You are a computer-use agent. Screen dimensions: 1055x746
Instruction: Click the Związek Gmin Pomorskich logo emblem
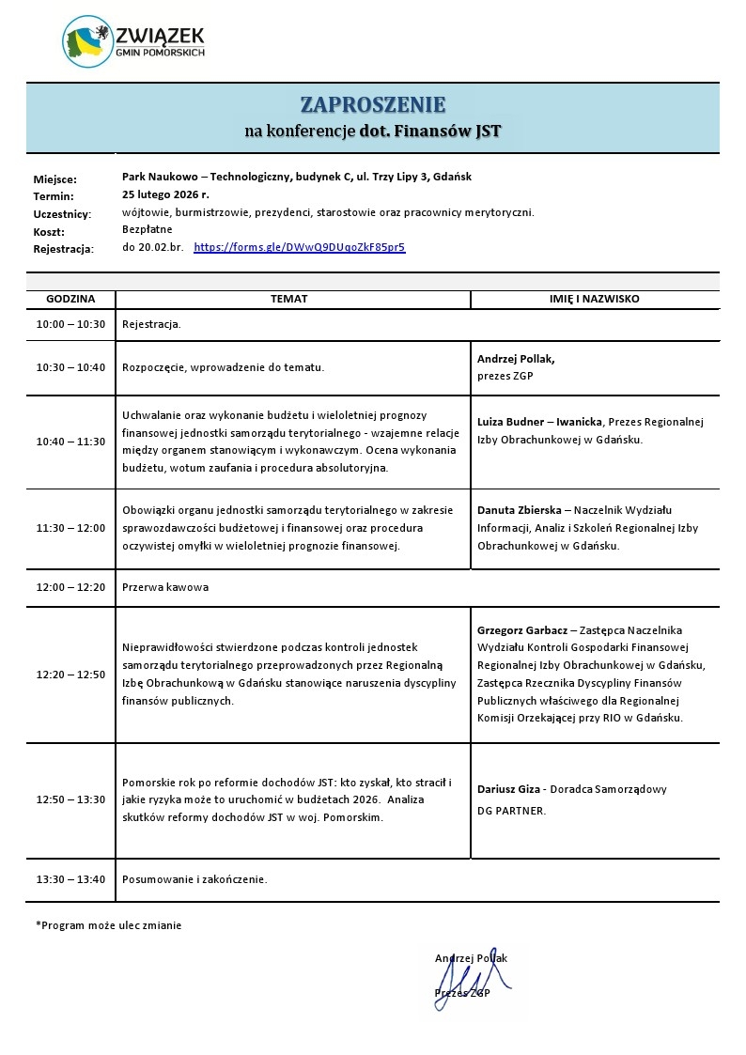[87, 42]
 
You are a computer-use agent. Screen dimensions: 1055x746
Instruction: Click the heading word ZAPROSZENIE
[373, 104]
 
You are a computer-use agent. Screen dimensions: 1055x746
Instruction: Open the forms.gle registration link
[299, 248]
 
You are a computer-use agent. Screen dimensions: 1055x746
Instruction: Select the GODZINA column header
[70, 299]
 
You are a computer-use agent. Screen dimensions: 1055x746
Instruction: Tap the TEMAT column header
[288, 299]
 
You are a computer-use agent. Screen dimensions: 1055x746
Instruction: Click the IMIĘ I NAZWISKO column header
[594, 299]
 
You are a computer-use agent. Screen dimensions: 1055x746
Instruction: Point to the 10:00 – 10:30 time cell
[70, 324]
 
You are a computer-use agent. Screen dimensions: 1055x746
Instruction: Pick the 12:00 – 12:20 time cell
[70, 587]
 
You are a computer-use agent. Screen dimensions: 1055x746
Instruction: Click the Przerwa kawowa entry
[165, 587]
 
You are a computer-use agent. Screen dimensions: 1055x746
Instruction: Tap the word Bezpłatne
[148, 229]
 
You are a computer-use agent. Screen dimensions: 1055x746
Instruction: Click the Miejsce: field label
[54, 178]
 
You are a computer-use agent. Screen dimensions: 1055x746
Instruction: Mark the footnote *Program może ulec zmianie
[109, 925]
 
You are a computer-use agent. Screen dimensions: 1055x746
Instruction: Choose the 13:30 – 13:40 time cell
[70, 880]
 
